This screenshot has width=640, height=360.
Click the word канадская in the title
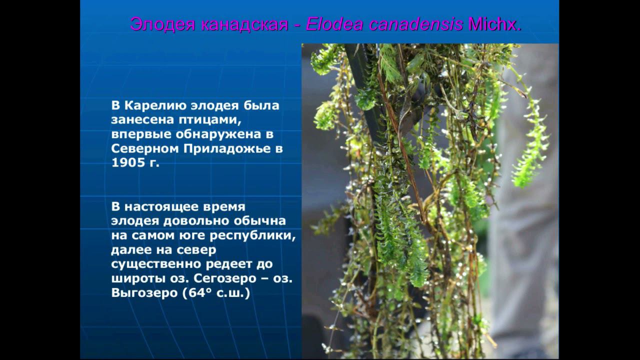click(245, 24)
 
